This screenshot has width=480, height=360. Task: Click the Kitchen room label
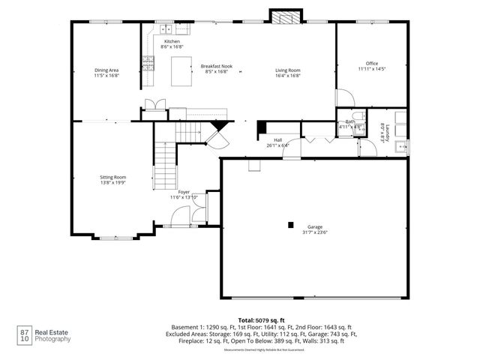coord(172,41)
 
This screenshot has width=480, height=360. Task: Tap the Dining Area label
coord(106,70)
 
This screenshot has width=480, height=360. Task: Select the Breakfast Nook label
coord(216,66)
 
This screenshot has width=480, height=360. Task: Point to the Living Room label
coord(287,70)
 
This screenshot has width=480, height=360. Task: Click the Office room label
coord(371,63)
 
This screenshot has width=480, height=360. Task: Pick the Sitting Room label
coord(113,177)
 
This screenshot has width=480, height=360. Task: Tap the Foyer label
coord(184,193)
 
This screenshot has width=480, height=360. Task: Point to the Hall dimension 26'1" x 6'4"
coord(277,145)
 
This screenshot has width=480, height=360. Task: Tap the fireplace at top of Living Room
coord(283,18)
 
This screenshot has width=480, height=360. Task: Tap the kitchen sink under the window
coord(166,28)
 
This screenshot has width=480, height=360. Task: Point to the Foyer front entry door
coord(178,223)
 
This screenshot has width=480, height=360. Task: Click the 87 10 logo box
coord(24,334)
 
